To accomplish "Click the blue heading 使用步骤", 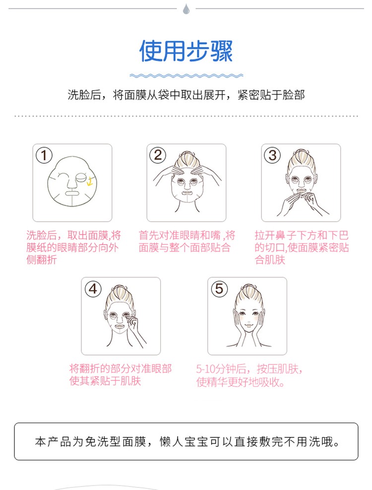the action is [186, 51].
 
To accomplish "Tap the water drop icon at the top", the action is [186, 9].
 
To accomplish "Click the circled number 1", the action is [44, 155].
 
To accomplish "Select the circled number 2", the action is [158, 155].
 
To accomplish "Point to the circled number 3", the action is [272, 155].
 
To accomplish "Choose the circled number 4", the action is [93, 289].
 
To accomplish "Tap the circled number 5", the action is [219, 289].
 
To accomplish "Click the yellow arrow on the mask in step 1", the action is [89, 181].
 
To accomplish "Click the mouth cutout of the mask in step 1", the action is [71, 193].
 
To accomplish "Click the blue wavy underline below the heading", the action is [186, 75].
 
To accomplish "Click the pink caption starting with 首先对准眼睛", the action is [186, 241].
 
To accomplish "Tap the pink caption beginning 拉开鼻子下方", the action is [302, 247].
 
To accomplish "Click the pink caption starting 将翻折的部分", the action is [121, 374].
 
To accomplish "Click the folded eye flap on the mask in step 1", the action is [81, 177].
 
